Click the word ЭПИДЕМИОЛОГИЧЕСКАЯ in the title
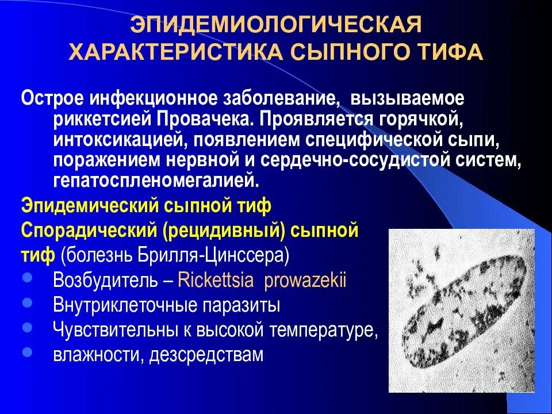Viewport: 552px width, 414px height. pyautogui.click(x=275, y=25)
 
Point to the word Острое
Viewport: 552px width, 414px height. pyautogui.click(x=52, y=98)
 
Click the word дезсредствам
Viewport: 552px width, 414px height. pyautogui.click(x=206, y=354)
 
